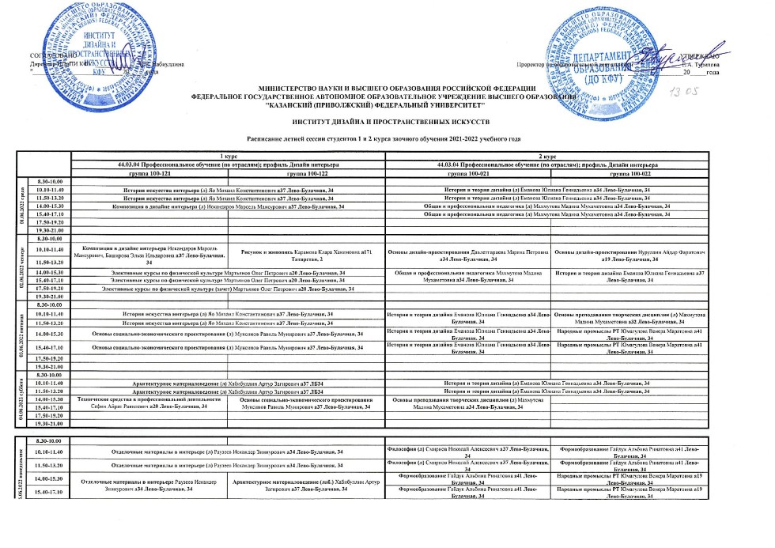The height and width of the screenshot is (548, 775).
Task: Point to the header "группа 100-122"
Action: (307, 172)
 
